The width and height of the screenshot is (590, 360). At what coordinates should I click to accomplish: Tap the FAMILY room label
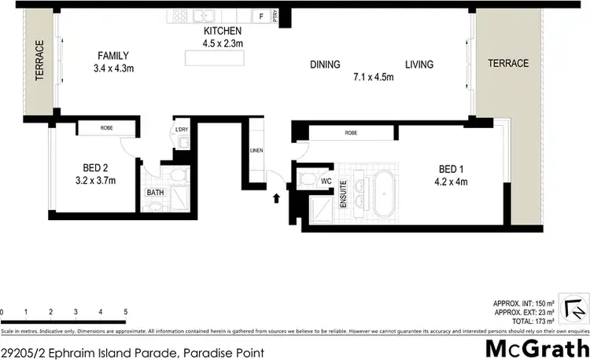112,55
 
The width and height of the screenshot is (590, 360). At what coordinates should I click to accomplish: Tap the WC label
325,181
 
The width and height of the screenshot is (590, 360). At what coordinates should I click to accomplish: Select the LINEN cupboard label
256,150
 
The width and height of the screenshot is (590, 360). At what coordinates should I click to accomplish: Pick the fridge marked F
260,16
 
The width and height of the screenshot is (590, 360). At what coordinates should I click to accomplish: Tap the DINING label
324,65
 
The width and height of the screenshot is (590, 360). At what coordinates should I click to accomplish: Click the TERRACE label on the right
507,63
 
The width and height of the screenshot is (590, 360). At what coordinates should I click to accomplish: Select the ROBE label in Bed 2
107,127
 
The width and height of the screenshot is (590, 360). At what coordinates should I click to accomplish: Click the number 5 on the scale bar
125,312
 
